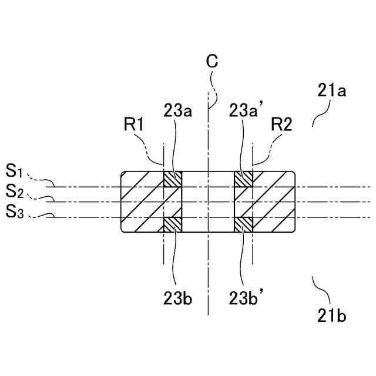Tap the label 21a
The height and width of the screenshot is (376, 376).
pyautogui.click(x=331, y=91)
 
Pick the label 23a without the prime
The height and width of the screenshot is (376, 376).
pyautogui.click(x=177, y=111)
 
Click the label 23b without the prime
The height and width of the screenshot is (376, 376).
pyautogui.click(x=177, y=298)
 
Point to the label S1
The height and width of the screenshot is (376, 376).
pyautogui.click(x=15, y=172)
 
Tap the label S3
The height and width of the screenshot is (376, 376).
pyautogui.click(x=15, y=211)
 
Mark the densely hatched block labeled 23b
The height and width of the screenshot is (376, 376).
pyautogui.click(x=173, y=224)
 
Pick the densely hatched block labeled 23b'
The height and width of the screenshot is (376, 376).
pyautogui.click(x=243, y=224)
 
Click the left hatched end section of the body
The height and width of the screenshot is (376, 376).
pyautogui.click(x=142, y=202)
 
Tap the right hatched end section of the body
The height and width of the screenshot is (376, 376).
pyautogui.click(x=274, y=202)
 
